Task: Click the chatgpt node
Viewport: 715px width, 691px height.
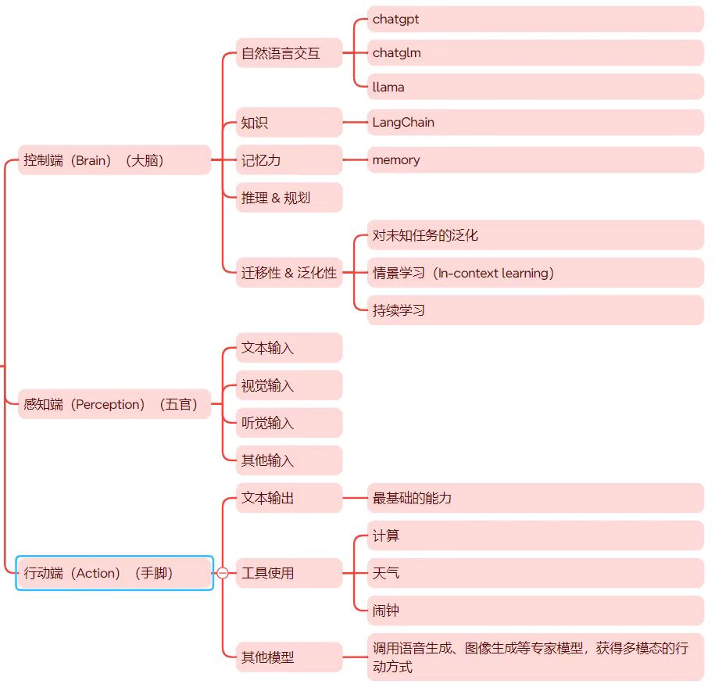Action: [535, 19]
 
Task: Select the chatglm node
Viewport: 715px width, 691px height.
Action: [535, 53]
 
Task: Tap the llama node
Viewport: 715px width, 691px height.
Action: [535, 87]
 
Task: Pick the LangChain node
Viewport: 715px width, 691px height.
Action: [535, 122]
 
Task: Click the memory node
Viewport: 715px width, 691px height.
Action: [535, 159]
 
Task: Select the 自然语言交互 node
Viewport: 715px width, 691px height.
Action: [289, 54]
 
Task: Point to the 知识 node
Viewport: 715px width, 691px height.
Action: [289, 123]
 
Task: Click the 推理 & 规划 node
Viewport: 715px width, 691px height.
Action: [289, 198]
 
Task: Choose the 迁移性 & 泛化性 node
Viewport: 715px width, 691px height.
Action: [289, 273]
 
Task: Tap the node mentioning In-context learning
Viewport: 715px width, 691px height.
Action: [535, 273]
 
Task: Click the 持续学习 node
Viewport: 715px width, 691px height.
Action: [535, 310]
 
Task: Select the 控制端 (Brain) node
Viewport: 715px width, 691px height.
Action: [114, 160]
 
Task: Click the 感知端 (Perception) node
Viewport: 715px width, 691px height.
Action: [114, 404]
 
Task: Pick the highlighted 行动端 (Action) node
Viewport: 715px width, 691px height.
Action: [114, 573]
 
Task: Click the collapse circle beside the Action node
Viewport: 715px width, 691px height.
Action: [223, 573]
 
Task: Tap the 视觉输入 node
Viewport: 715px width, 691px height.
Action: [289, 385]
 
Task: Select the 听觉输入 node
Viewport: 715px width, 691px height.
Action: [289, 423]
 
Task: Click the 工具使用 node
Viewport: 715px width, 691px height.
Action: [289, 573]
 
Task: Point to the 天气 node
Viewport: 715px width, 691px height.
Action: [535, 573]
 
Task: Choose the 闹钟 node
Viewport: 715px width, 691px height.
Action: [535, 610]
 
